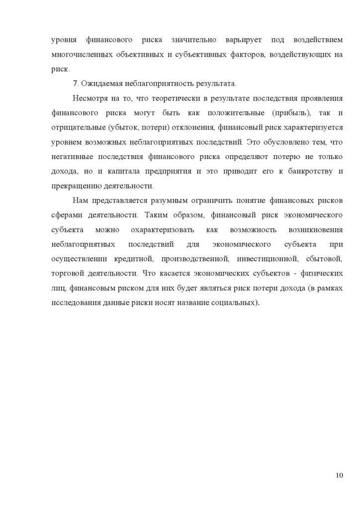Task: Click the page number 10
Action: (x=340, y=476)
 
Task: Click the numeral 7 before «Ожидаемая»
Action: (x=74, y=83)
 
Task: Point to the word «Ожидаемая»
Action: (x=98, y=83)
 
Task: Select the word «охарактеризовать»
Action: (x=161, y=230)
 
